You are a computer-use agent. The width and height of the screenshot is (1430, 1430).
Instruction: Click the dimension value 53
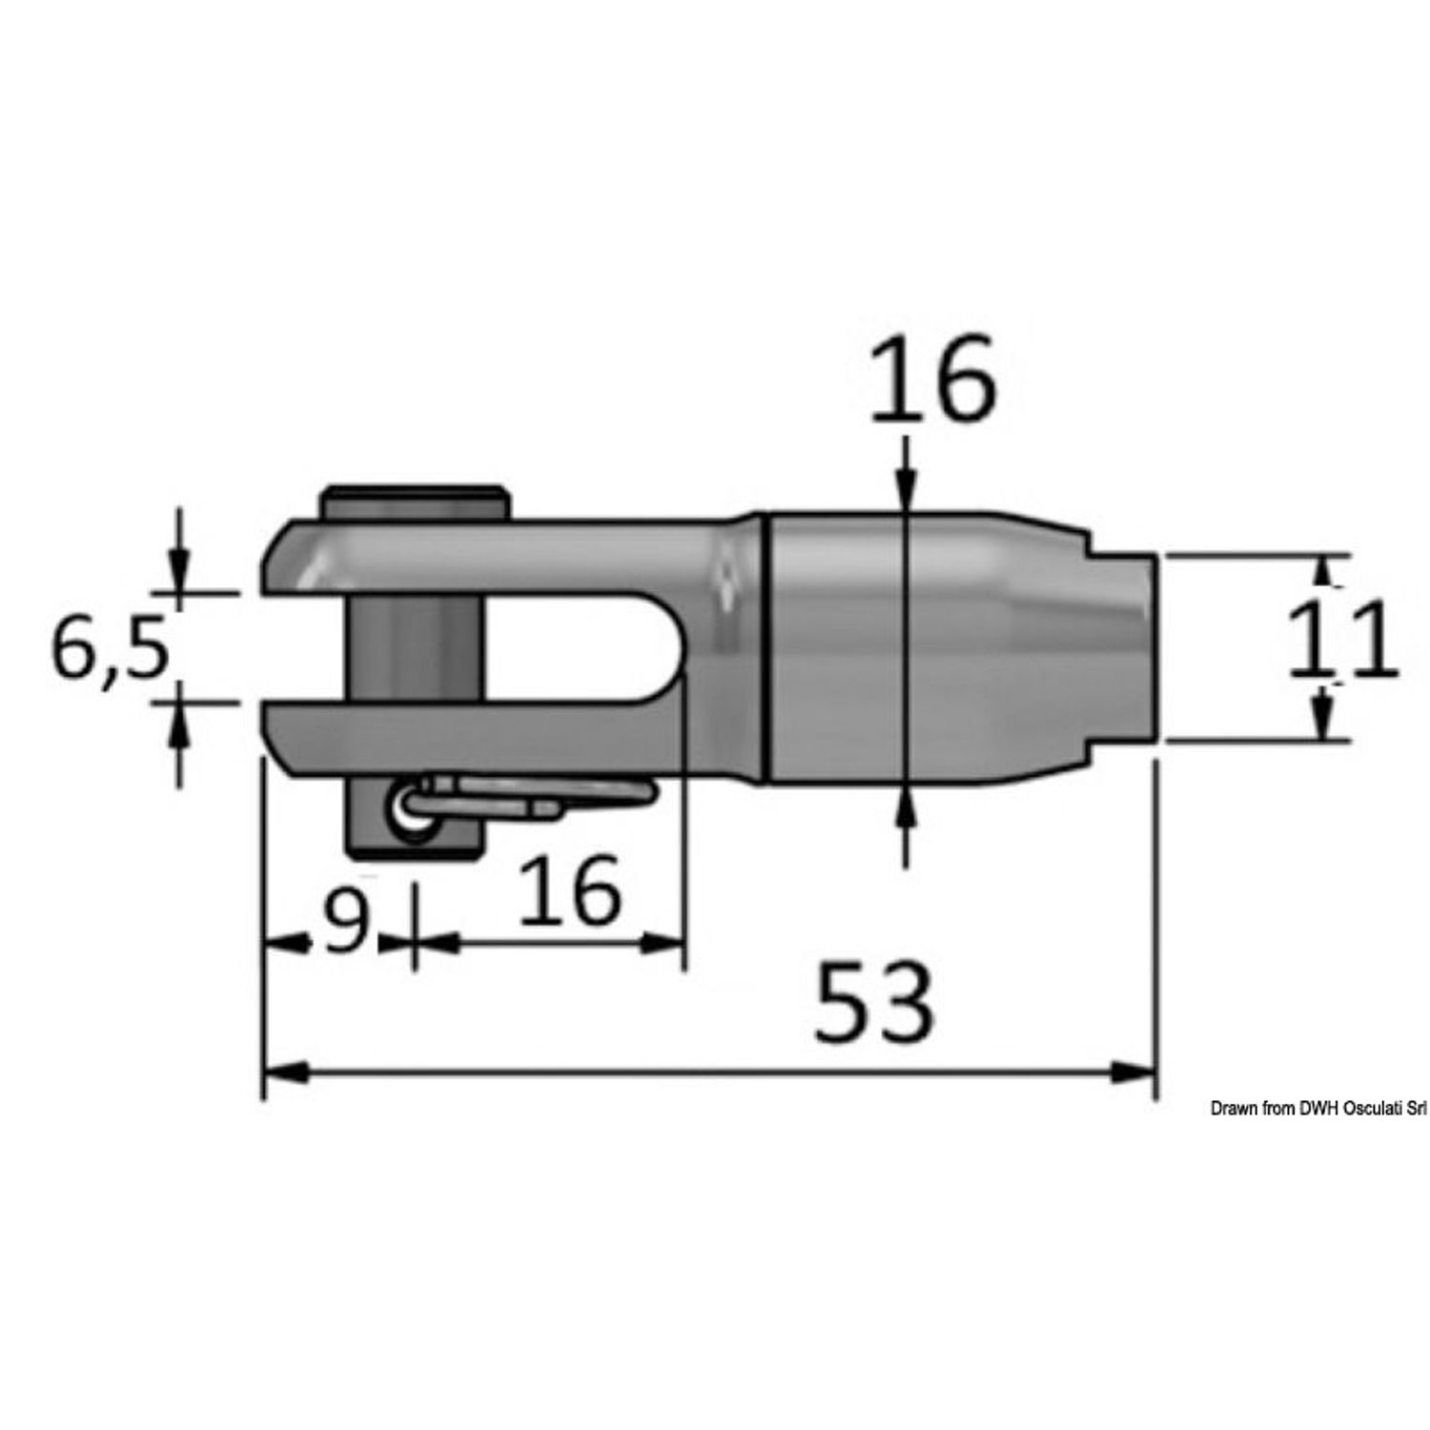(x=873, y=1001)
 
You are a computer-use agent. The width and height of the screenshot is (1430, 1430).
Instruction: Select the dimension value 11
(x=1343, y=641)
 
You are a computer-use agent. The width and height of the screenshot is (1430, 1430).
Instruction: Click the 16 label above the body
(x=933, y=380)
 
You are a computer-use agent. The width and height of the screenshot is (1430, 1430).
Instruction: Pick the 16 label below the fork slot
(x=570, y=890)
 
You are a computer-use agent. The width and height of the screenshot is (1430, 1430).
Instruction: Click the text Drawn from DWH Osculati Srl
(x=1318, y=1108)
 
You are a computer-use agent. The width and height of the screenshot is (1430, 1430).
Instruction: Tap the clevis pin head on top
(x=415, y=502)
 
